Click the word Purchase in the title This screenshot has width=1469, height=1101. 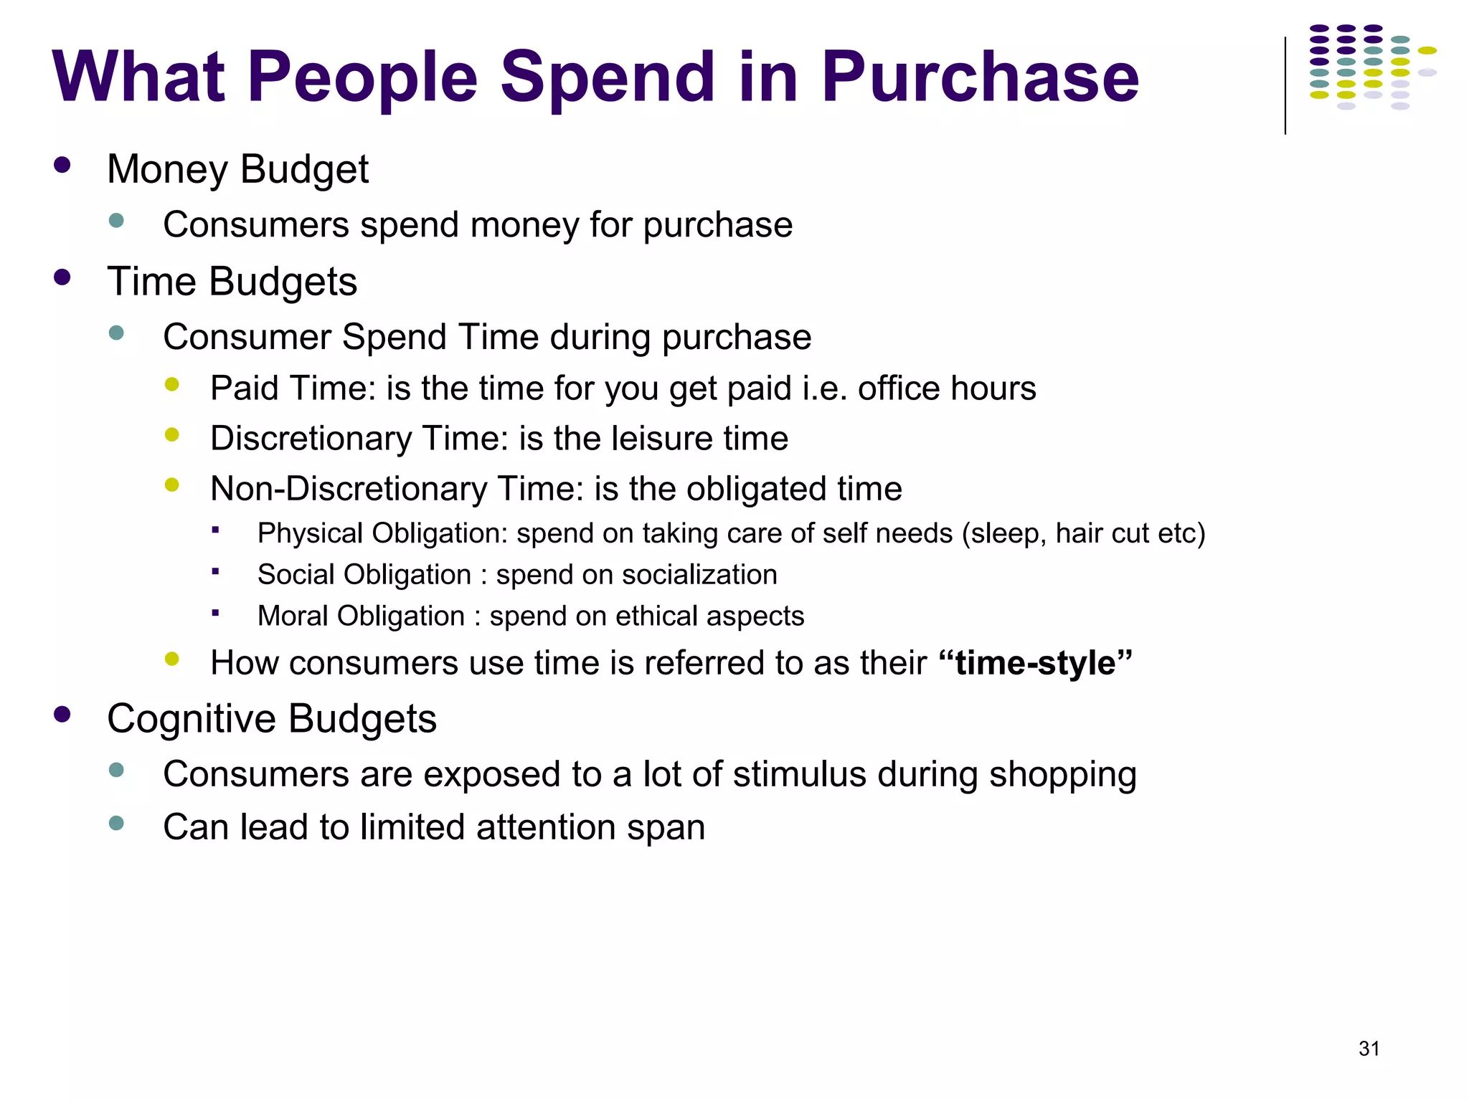980,77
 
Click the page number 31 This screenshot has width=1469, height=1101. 1369,1049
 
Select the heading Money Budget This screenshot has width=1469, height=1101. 237,170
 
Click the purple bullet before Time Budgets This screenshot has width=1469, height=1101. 62,277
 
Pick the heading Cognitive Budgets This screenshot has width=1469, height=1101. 271,719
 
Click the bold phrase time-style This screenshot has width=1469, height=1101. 1036,662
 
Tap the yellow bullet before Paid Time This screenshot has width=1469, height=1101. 171,385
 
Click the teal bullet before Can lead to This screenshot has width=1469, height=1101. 116,823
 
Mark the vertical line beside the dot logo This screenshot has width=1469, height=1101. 1285,86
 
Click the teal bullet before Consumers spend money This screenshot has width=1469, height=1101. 116,220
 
